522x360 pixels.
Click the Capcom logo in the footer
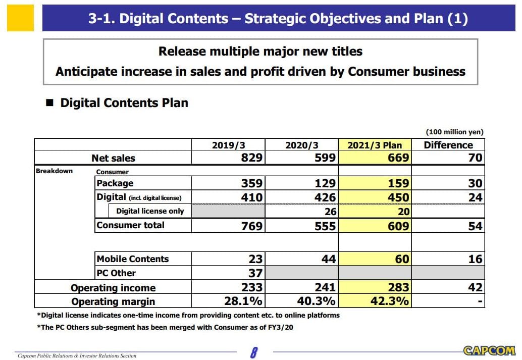tap(489, 350)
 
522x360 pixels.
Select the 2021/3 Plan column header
tap(375, 145)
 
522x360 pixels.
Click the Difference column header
tap(448, 145)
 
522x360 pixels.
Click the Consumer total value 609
tap(398, 226)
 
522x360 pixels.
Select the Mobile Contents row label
tap(133, 259)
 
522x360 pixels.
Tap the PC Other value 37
tap(255, 273)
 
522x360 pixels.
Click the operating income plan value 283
tap(398, 287)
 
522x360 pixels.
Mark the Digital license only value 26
tap(330, 212)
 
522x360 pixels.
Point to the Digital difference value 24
tap(475, 197)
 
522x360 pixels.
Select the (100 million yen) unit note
tap(454, 132)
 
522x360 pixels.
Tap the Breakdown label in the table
tap(54, 171)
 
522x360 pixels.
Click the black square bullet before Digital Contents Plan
tap(49, 103)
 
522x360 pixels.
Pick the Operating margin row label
tap(113, 301)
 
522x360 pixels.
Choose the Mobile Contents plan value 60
tap(402, 259)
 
